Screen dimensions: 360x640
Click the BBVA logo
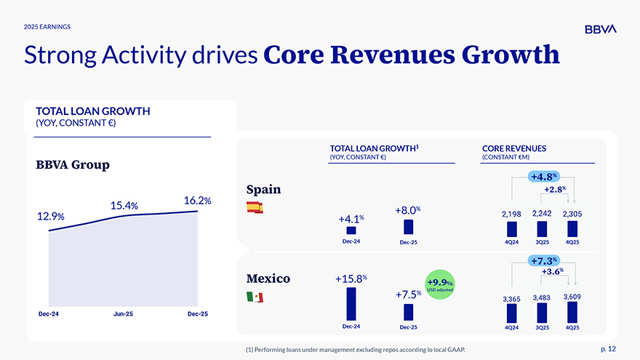(600, 28)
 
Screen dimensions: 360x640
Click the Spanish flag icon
(255, 207)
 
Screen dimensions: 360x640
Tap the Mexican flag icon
(255, 297)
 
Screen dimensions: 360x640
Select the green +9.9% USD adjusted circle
(439, 284)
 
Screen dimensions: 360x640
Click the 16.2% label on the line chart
(198, 200)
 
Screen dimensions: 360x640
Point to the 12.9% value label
(50, 216)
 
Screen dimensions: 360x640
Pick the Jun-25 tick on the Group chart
(123, 313)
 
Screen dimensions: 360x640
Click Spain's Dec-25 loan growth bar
(408, 227)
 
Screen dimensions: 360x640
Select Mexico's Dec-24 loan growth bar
(351, 303)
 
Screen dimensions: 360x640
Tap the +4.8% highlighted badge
(544, 177)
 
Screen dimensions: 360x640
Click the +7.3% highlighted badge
(544, 260)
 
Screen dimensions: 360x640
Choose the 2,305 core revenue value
(572, 214)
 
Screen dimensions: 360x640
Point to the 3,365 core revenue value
(511, 299)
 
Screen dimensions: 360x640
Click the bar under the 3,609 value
(572, 312)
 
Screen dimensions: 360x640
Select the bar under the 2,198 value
(511, 229)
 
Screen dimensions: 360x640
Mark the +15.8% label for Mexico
(351, 278)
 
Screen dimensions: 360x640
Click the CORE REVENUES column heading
(513, 148)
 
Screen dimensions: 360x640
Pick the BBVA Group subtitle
(73, 164)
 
